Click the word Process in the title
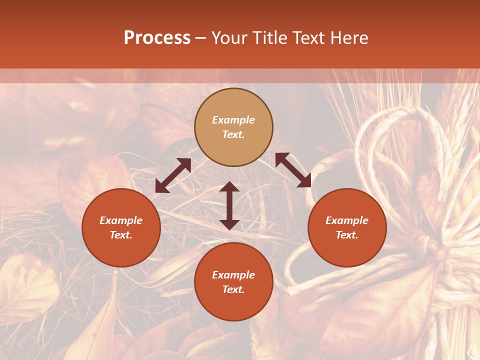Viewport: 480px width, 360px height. tap(157, 38)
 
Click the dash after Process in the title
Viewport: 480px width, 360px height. tap(201, 38)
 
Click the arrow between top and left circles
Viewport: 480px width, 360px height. tap(173, 175)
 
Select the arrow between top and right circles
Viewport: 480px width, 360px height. tap(293, 170)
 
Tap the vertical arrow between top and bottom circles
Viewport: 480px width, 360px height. tap(229, 205)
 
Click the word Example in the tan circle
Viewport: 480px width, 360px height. tap(233, 120)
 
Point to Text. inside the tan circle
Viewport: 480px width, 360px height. tap(233, 134)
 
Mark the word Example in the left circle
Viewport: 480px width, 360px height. tap(121, 220)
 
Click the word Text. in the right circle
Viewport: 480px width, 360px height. tap(347, 235)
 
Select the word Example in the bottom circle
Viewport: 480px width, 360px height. tap(233, 275)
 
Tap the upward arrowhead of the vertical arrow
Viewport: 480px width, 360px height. tap(229, 186)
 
